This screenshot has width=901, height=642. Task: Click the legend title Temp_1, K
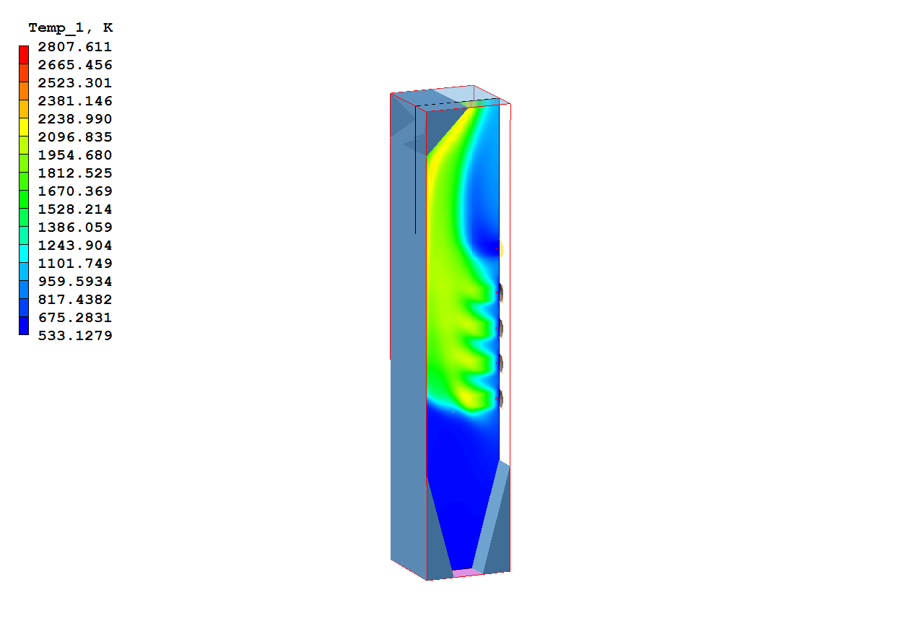click(x=71, y=27)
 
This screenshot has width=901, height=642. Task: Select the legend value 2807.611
click(x=75, y=47)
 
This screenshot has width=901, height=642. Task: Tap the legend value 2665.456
click(x=75, y=65)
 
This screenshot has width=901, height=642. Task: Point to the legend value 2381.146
click(x=75, y=101)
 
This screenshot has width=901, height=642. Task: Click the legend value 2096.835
click(x=75, y=137)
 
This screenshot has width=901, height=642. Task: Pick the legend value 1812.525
click(x=75, y=173)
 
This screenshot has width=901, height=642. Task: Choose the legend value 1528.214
click(x=75, y=209)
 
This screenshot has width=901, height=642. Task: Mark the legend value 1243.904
click(x=75, y=246)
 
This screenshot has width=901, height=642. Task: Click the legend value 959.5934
click(x=75, y=282)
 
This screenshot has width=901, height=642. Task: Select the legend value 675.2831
click(x=75, y=317)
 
